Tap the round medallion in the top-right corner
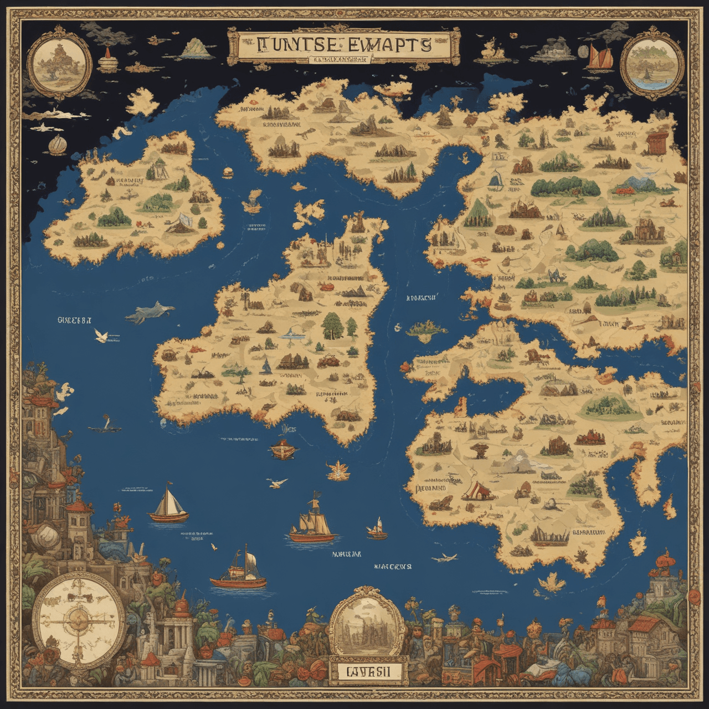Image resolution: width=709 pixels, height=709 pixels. [x=650, y=66]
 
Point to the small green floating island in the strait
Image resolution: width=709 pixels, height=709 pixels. [x=427, y=328]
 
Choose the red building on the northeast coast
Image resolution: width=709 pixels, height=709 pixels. [x=657, y=142]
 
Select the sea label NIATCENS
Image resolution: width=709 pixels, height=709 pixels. [x=392, y=566]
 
